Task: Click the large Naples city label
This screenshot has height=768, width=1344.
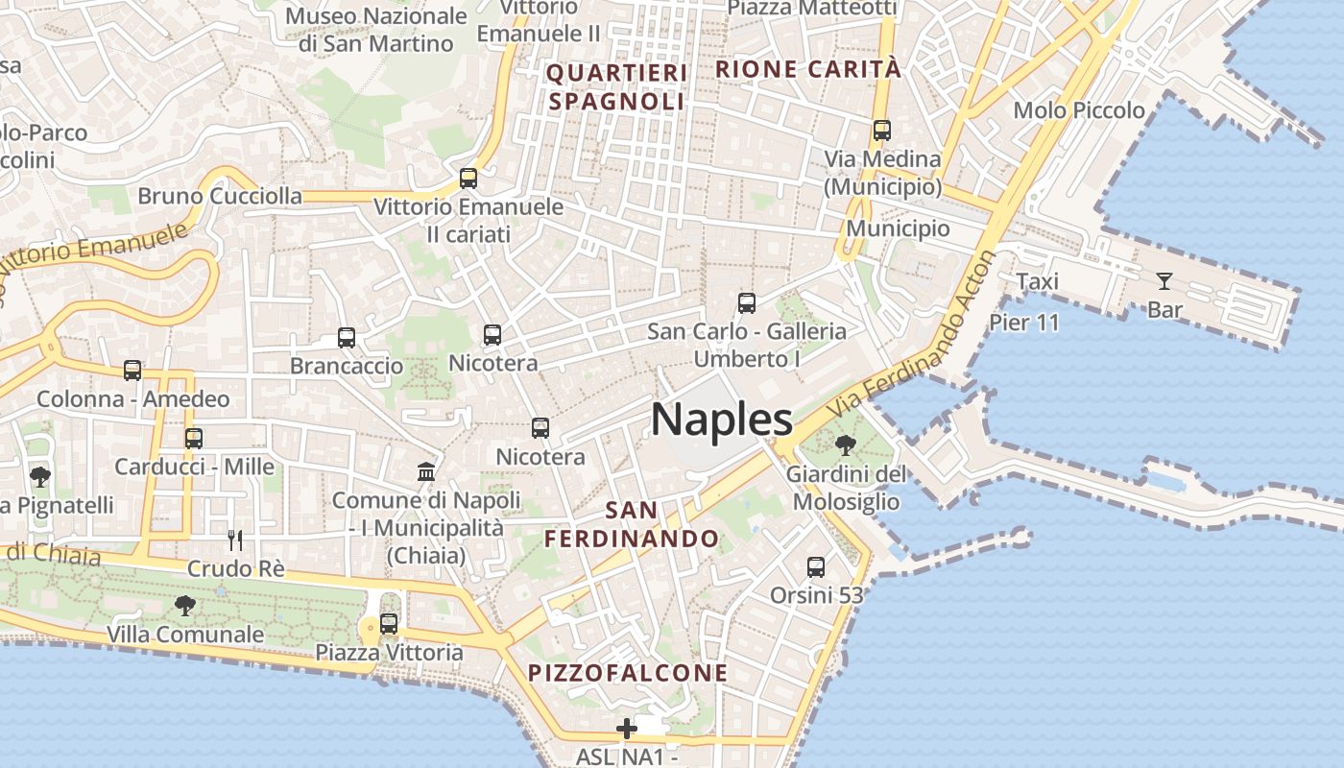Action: point(722,420)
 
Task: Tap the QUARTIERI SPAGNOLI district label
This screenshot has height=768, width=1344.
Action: point(617,87)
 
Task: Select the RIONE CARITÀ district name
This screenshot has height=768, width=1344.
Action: point(808,69)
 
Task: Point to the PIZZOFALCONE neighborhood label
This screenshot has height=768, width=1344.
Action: point(629,672)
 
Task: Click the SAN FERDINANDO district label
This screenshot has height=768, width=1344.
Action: point(632,523)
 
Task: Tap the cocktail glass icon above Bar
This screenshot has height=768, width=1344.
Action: point(1164,281)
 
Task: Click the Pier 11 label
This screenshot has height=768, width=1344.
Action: point(1023,322)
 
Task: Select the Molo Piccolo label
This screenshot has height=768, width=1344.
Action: point(1079,110)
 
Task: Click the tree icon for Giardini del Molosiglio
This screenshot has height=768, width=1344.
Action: point(846,444)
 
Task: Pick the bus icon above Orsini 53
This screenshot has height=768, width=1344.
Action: point(816,567)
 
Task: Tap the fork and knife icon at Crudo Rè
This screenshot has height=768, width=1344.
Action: point(235,540)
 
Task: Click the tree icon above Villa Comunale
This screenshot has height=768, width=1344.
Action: point(184,606)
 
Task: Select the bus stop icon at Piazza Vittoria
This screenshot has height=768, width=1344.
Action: point(389,624)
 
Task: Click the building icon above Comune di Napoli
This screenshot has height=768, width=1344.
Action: point(426,471)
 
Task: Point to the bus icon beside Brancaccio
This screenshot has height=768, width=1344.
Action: point(347,338)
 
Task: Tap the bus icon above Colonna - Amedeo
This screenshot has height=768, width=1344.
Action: point(132,371)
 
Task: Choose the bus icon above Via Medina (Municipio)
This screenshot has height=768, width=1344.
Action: point(881,130)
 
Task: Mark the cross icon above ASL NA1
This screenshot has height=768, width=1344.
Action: point(627,729)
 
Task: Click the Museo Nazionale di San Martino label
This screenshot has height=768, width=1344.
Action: point(375,30)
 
